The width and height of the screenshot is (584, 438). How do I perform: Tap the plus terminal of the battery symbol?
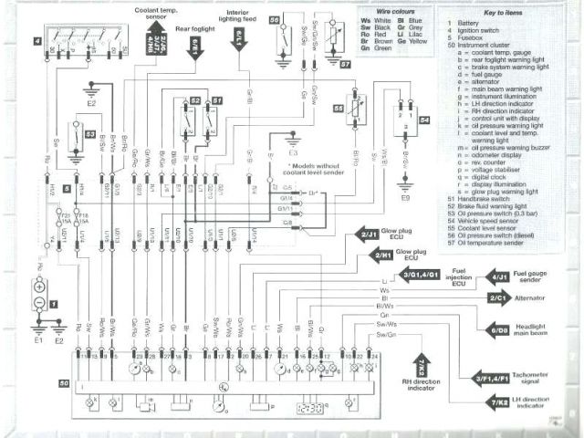click(x=39, y=286)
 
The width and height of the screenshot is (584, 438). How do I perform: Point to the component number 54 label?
click(x=424, y=120)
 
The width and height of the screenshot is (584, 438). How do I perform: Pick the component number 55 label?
click(x=339, y=107)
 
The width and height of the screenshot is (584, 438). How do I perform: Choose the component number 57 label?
click(x=345, y=65)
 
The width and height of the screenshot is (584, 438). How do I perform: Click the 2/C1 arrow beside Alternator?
click(x=498, y=298)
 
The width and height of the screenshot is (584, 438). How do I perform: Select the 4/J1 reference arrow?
click(x=498, y=275)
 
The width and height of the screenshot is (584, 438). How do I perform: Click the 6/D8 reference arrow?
click(x=499, y=328)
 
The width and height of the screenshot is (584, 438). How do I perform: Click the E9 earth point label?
click(x=402, y=196)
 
